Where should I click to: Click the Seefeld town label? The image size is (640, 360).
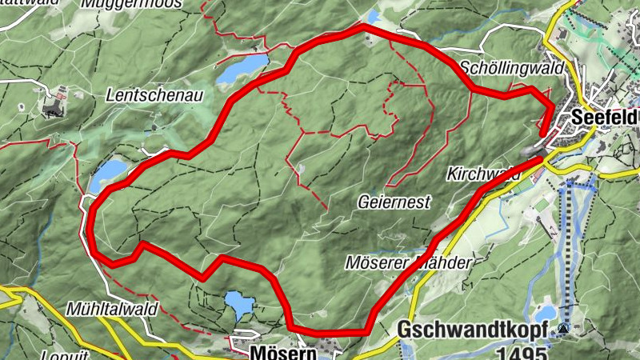[605, 117]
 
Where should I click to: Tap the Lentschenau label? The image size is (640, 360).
[154, 95]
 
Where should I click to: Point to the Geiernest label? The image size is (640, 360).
[392, 203]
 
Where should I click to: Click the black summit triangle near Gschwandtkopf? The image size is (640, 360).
[566, 328]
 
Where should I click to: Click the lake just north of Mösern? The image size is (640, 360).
[238, 304]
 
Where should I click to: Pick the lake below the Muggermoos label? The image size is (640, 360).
[243, 70]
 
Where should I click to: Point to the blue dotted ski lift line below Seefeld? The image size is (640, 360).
[568, 240]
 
